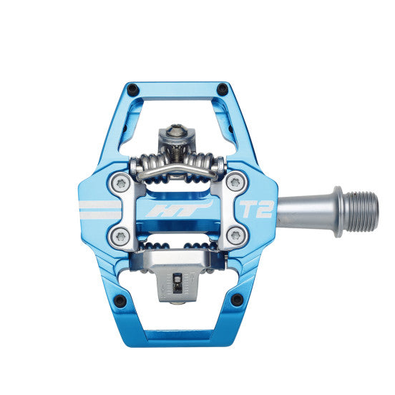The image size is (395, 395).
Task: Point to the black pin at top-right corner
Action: pos(222,89)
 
